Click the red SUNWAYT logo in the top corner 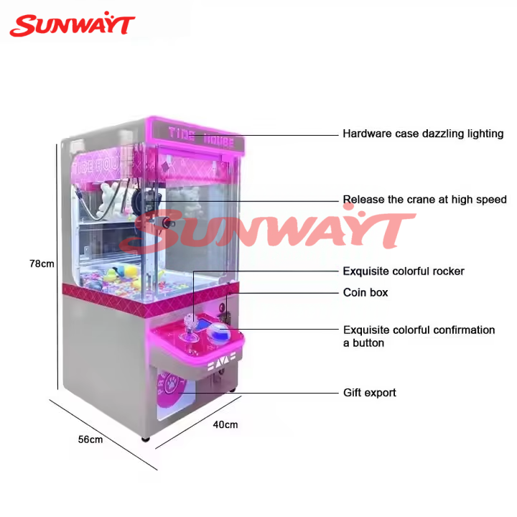point(72,25)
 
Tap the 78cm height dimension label point(42,264)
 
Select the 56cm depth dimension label point(90,439)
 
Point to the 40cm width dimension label point(225,424)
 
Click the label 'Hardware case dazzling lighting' point(423,134)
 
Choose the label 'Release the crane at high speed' point(424,200)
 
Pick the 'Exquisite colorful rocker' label point(403,271)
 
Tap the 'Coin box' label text point(365,293)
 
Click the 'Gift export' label point(369,393)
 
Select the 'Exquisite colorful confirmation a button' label point(419,336)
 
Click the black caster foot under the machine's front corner point(146,437)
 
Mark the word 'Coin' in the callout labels point(355,293)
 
